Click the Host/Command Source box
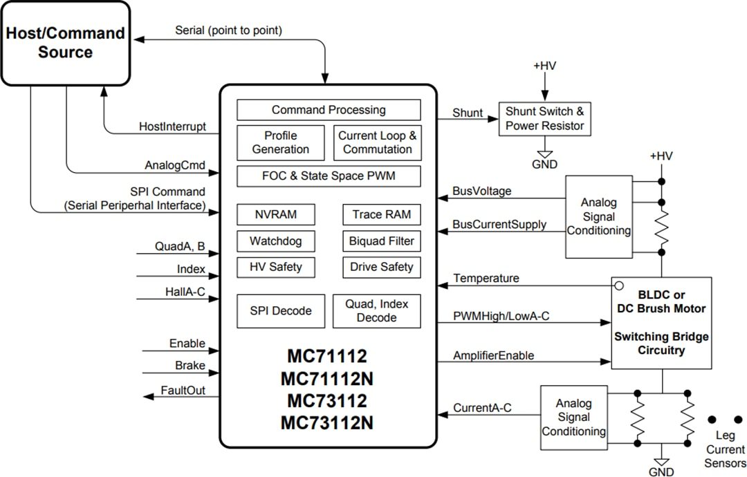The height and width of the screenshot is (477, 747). click(x=65, y=43)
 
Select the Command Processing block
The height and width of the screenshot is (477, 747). click(x=329, y=110)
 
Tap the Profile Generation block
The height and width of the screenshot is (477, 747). click(x=280, y=142)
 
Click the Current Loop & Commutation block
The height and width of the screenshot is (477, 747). click(x=377, y=142)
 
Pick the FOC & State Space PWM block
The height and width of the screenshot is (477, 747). click(x=329, y=176)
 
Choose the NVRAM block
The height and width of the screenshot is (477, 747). click(x=276, y=214)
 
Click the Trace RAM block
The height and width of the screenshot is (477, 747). click(x=381, y=214)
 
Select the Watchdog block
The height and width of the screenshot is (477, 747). click(x=276, y=241)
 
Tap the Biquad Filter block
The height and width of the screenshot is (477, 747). click(x=381, y=241)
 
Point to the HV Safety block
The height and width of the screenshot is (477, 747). click(x=276, y=267)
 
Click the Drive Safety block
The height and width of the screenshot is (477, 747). click(x=381, y=267)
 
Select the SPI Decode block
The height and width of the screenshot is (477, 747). click(x=280, y=311)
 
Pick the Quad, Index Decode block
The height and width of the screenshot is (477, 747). click(x=377, y=311)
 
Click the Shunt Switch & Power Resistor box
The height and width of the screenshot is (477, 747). click(x=544, y=119)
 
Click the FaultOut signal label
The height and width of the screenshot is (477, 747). click(x=183, y=391)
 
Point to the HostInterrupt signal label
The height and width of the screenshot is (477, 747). click(x=172, y=127)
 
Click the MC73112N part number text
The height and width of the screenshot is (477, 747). click(x=327, y=422)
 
